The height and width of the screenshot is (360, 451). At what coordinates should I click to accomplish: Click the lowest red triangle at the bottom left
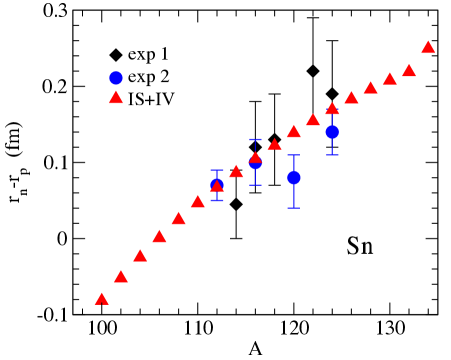point(101,299)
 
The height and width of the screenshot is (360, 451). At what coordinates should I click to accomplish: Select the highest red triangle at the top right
point(428,47)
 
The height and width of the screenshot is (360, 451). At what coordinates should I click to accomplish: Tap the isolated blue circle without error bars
point(116,78)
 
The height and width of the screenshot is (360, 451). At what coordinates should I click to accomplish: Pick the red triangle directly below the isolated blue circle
point(116,97)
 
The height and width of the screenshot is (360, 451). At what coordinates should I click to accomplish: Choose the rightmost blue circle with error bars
point(332,132)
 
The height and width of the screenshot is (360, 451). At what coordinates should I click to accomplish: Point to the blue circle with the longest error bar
point(294,178)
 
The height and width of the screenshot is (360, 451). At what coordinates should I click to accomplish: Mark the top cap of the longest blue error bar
point(294,155)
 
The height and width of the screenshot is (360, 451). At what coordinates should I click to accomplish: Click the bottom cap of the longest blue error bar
point(294,208)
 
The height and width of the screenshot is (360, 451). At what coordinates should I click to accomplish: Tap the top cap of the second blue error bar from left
point(255,140)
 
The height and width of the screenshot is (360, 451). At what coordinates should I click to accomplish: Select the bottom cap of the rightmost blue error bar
point(332,155)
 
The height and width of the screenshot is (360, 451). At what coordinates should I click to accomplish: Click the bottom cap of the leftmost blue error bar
point(217,201)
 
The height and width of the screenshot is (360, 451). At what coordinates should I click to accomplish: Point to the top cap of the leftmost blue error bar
point(217,170)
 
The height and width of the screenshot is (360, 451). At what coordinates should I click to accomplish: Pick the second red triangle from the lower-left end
point(121,277)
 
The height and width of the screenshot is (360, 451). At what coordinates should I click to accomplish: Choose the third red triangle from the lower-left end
point(140,256)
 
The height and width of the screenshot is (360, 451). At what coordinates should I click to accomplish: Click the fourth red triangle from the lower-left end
point(159,237)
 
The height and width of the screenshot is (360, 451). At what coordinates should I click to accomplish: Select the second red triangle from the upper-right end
point(409,71)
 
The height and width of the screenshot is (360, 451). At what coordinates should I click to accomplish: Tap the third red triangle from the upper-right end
point(390,79)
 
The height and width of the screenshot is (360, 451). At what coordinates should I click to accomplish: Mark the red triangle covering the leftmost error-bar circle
point(217,185)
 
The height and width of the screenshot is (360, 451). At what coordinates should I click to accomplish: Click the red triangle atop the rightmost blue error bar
point(332,109)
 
